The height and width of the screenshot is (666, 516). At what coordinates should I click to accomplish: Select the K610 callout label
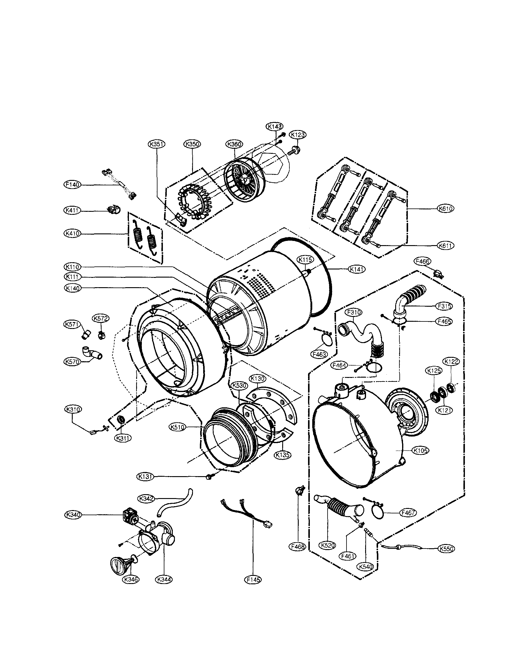445,208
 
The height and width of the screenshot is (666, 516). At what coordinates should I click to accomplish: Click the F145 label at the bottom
254,579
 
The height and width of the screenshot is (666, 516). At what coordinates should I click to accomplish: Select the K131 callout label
145,476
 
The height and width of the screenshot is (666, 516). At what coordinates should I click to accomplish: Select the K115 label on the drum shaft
305,260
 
